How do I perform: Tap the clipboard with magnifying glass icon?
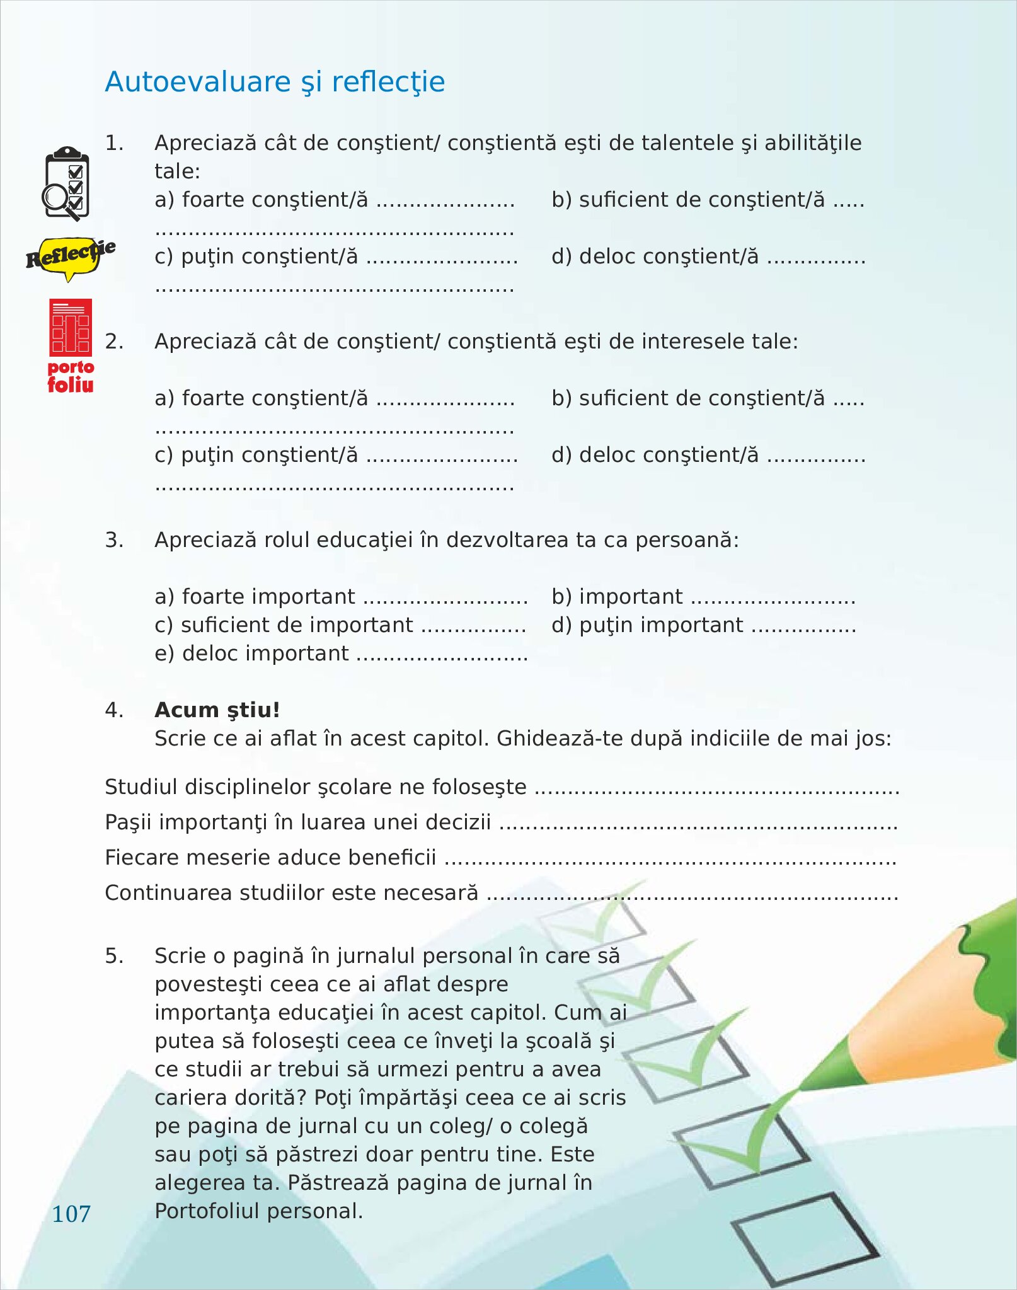coord(66,183)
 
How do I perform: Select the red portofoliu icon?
coord(71,345)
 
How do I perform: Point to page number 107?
coord(71,1214)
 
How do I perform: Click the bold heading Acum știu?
coord(217,710)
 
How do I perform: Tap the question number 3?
coord(113,540)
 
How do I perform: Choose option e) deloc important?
coord(251,654)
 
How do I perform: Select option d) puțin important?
coord(647,625)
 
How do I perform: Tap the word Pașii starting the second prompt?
coord(128,822)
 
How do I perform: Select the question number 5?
coord(113,956)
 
